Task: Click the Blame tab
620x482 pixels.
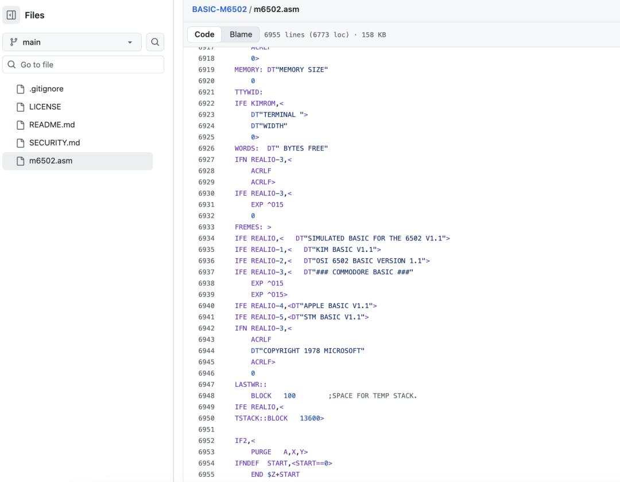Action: coord(241,34)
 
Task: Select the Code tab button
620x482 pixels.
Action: coord(204,34)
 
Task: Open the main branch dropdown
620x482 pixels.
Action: coord(72,42)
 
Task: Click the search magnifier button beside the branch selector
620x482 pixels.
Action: coord(155,42)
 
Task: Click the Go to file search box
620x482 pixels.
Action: coord(83,64)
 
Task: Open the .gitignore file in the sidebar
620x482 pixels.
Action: coord(46,89)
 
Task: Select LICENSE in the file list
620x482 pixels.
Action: coord(45,107)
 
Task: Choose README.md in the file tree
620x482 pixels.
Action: coord(52,125)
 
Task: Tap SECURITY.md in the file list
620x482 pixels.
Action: coord(55,143)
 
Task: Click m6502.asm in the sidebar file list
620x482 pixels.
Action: coord(51,161)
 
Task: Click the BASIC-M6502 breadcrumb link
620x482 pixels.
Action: coord(219,9)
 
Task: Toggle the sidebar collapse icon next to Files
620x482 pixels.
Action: coord(11,15)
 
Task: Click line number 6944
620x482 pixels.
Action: coord(207,351)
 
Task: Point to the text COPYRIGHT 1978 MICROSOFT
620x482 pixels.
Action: coord(314,351)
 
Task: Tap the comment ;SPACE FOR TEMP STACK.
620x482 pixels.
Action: coord(373,396)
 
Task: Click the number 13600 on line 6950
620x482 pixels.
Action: coord(310,418)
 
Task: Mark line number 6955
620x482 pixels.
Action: coord(207,475)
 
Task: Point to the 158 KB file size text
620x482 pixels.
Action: coord(374,35)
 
